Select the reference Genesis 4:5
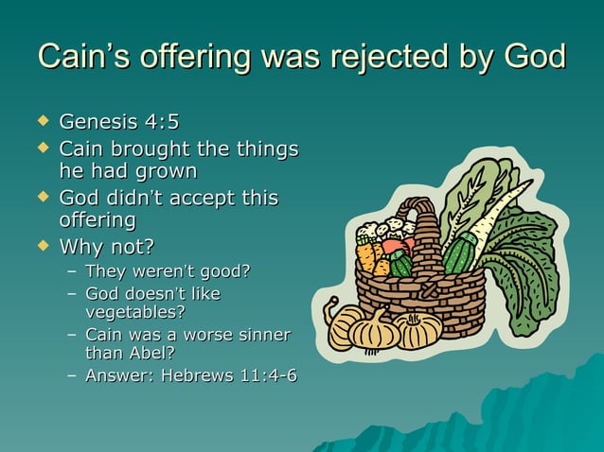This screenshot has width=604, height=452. (x=118, y=122)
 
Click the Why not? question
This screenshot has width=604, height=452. (x=106, y=249)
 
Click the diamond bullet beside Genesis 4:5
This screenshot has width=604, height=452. (x=41, y=121)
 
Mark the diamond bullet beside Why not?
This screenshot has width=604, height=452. (x=41, y=248)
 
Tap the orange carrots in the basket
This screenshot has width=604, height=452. (x=368, y=257)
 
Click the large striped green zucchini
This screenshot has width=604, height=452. (x=460, y=254)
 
